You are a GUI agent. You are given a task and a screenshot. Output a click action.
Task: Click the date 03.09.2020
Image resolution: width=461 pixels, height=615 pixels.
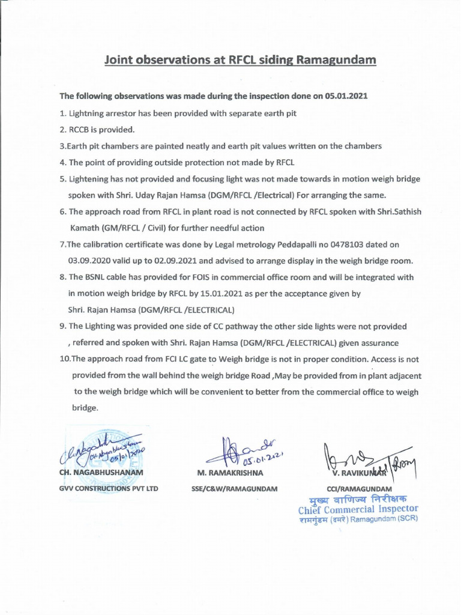(x=91, y=261)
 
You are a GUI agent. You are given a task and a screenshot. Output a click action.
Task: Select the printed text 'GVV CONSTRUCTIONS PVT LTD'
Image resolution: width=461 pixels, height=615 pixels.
(x=108, y=488)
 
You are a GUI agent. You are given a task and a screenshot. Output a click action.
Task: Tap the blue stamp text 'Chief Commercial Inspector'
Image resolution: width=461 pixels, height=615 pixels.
(x=358, y=509)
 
